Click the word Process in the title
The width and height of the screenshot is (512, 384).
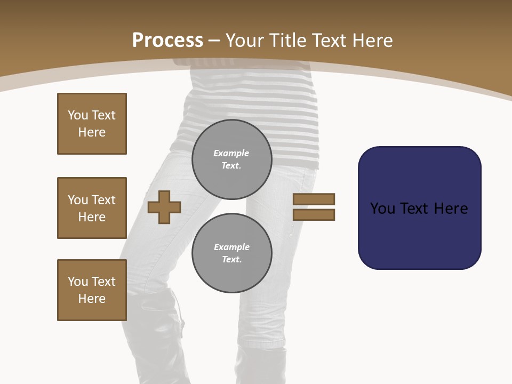167,41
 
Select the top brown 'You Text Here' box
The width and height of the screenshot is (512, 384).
92,124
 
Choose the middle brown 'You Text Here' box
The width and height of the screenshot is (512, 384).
92,208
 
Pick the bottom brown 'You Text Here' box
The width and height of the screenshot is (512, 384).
92,290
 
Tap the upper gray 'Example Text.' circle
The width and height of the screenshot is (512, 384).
231,159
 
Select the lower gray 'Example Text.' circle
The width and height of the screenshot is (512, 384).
231,253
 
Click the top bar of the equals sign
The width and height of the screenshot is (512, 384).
314,199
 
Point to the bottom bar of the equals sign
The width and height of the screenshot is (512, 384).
314,214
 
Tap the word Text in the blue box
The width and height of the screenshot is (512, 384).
415,209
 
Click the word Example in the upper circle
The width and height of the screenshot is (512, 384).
231,153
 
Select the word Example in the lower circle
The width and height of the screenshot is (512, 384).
231,247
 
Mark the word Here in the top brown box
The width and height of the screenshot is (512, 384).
92,132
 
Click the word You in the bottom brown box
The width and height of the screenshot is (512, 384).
78,282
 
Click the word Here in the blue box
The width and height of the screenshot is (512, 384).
451,209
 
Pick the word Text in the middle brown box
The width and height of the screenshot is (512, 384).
103,200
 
